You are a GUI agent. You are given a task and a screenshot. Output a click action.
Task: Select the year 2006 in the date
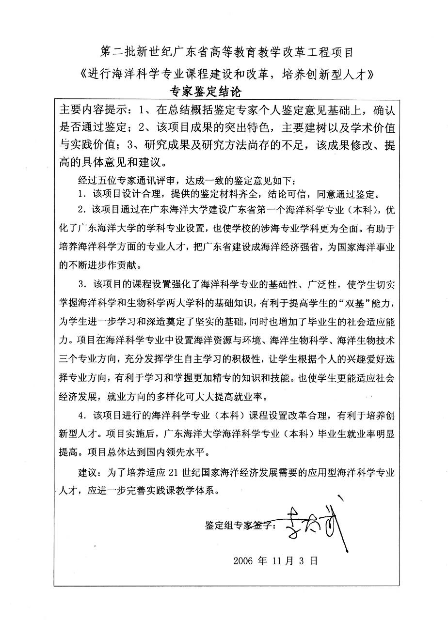coord(243,561)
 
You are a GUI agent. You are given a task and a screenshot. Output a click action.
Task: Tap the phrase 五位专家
coord(116,181)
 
